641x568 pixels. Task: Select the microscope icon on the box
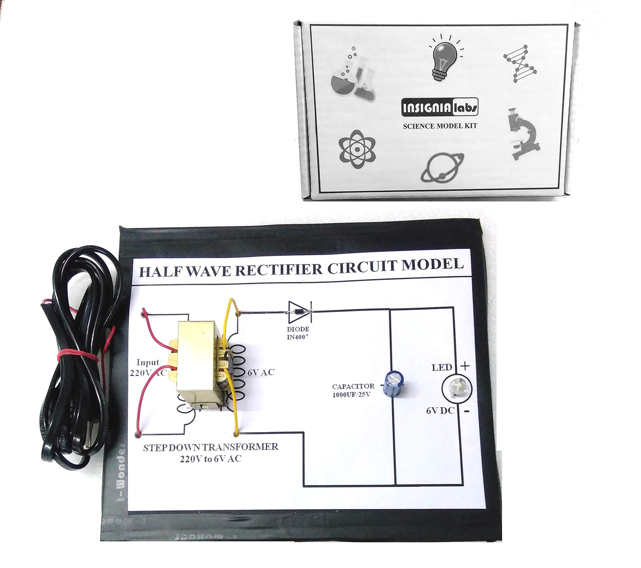click(x=524, y=134)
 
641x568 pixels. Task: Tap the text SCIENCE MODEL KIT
click(x=440, y=126)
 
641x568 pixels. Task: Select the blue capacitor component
click(x=393, y=385)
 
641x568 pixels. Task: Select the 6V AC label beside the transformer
click(x=261, y=373)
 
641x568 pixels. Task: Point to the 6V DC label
click(x=440, y=411)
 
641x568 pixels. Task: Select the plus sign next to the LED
click(x=465, y=366)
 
